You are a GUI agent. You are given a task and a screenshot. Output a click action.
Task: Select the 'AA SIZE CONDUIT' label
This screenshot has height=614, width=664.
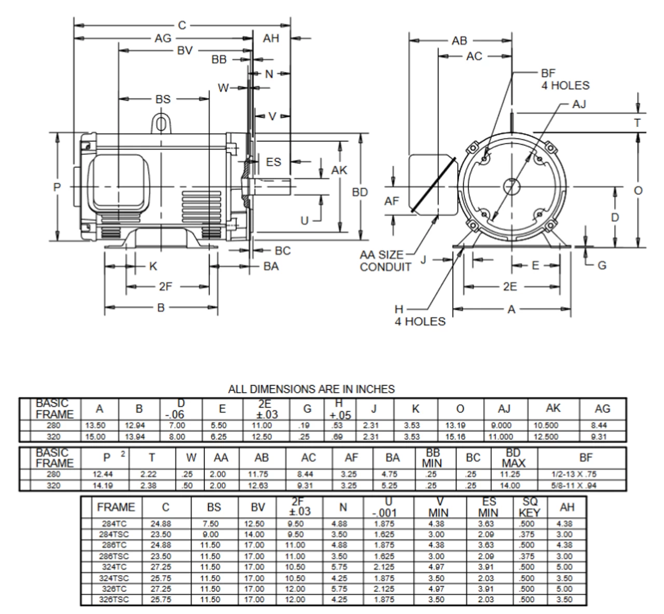[x=385, y=261]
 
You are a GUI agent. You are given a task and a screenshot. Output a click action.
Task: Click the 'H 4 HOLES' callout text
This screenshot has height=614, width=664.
[x=419, y=316]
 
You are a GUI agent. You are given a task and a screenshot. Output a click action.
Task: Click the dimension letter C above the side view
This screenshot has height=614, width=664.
[x=182, y=24]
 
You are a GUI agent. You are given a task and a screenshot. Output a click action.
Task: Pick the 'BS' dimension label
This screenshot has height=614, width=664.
[x=162, y=99]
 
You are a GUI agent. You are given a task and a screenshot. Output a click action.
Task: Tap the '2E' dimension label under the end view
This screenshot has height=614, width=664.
[x=509, y=287]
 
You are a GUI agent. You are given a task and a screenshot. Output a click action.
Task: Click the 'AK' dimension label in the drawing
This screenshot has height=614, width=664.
[x=339, y=169]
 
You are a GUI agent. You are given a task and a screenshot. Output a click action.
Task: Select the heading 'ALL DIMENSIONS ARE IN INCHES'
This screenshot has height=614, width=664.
[x=311, y=389]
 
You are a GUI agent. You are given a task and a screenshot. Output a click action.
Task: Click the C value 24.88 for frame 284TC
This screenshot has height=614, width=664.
[x=161, y=524]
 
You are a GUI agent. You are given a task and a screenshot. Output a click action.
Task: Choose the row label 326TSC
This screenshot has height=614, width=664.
[x=114, y=599]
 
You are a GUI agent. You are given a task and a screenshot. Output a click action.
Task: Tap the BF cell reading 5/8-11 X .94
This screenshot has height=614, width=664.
[x=581, y=486]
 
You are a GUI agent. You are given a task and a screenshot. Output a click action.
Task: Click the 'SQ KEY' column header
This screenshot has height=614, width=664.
[x=529, y=507]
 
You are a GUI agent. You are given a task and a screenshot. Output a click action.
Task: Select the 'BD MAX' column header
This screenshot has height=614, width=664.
[x=513, y=458]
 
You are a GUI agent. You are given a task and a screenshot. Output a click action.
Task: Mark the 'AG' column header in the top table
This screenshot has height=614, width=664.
[x=602, y=409]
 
